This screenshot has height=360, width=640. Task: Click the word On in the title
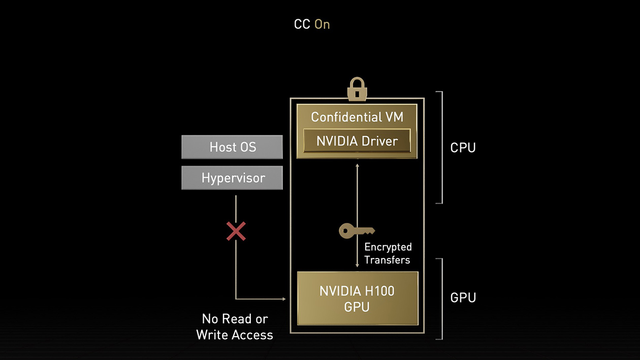point(322,24)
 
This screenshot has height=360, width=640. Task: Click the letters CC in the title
point(302,24)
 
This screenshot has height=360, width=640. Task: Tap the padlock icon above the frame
point(357,89)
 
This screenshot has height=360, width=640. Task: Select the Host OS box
point(232,147)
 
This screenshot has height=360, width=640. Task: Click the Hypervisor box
point(232,178)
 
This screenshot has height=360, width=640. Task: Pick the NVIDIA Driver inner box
point(357,141)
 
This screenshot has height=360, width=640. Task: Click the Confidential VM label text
point(357,117)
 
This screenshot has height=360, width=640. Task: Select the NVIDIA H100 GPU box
point(357,299)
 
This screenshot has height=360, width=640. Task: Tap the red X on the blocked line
point(236,231)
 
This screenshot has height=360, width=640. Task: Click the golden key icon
point(356,231)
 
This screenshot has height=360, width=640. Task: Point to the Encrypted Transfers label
point(388,253)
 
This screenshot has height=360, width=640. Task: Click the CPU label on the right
point(463,148)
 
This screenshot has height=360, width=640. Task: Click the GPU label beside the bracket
point(463,298)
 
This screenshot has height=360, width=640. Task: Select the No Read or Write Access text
point(235,326)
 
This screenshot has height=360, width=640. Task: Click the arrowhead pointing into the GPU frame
point(283,299)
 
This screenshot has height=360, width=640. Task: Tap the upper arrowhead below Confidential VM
point(357,166)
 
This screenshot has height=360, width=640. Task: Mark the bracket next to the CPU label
point(441,147)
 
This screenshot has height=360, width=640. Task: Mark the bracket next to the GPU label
point(441,299)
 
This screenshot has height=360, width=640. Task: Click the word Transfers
point(387,260)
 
